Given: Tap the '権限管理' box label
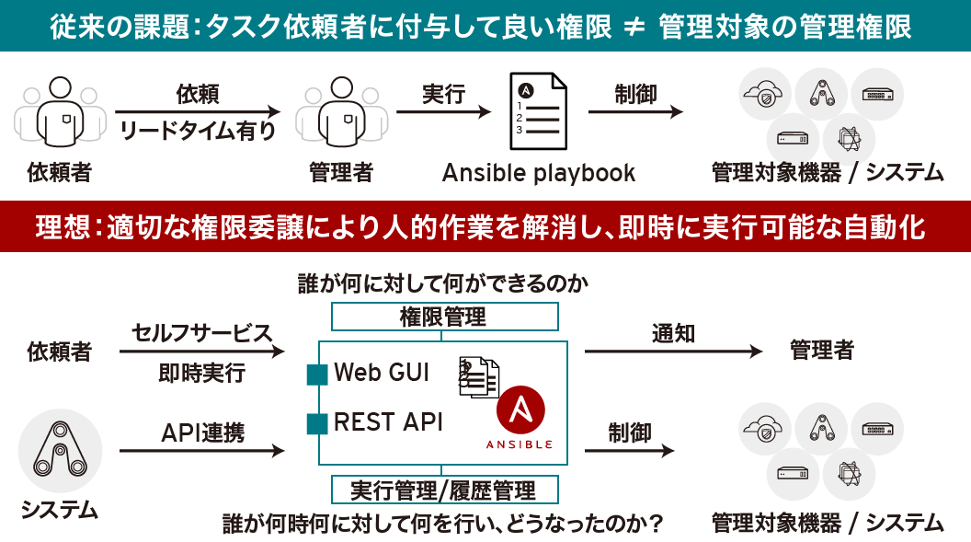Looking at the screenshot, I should click(x=444, y=317).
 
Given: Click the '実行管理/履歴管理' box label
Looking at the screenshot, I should click(x=444, y=488).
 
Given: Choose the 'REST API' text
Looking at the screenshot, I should click(x=388, y=422).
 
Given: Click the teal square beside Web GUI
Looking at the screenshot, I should click(x=317, y=374).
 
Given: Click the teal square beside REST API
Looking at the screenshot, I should click(x=317, y=423).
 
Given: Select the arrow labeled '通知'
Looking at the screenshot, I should click(x=673, y=351).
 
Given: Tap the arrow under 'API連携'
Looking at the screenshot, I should click(x=202, y=451).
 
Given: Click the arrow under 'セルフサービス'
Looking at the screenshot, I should click(x=202, y=351).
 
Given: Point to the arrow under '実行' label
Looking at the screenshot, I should click(x=443, y=112).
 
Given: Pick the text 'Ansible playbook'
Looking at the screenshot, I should click(x=539, y=173).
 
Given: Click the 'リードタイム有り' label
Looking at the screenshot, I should click(x=198, y=131).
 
